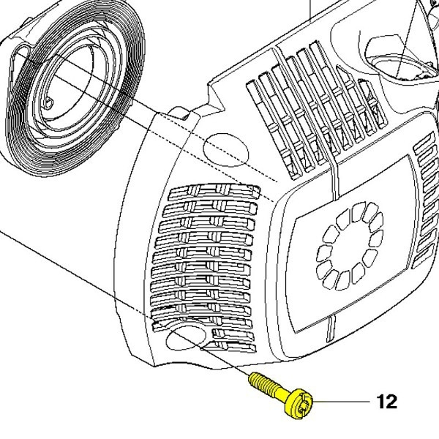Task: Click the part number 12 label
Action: pos(387,402)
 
